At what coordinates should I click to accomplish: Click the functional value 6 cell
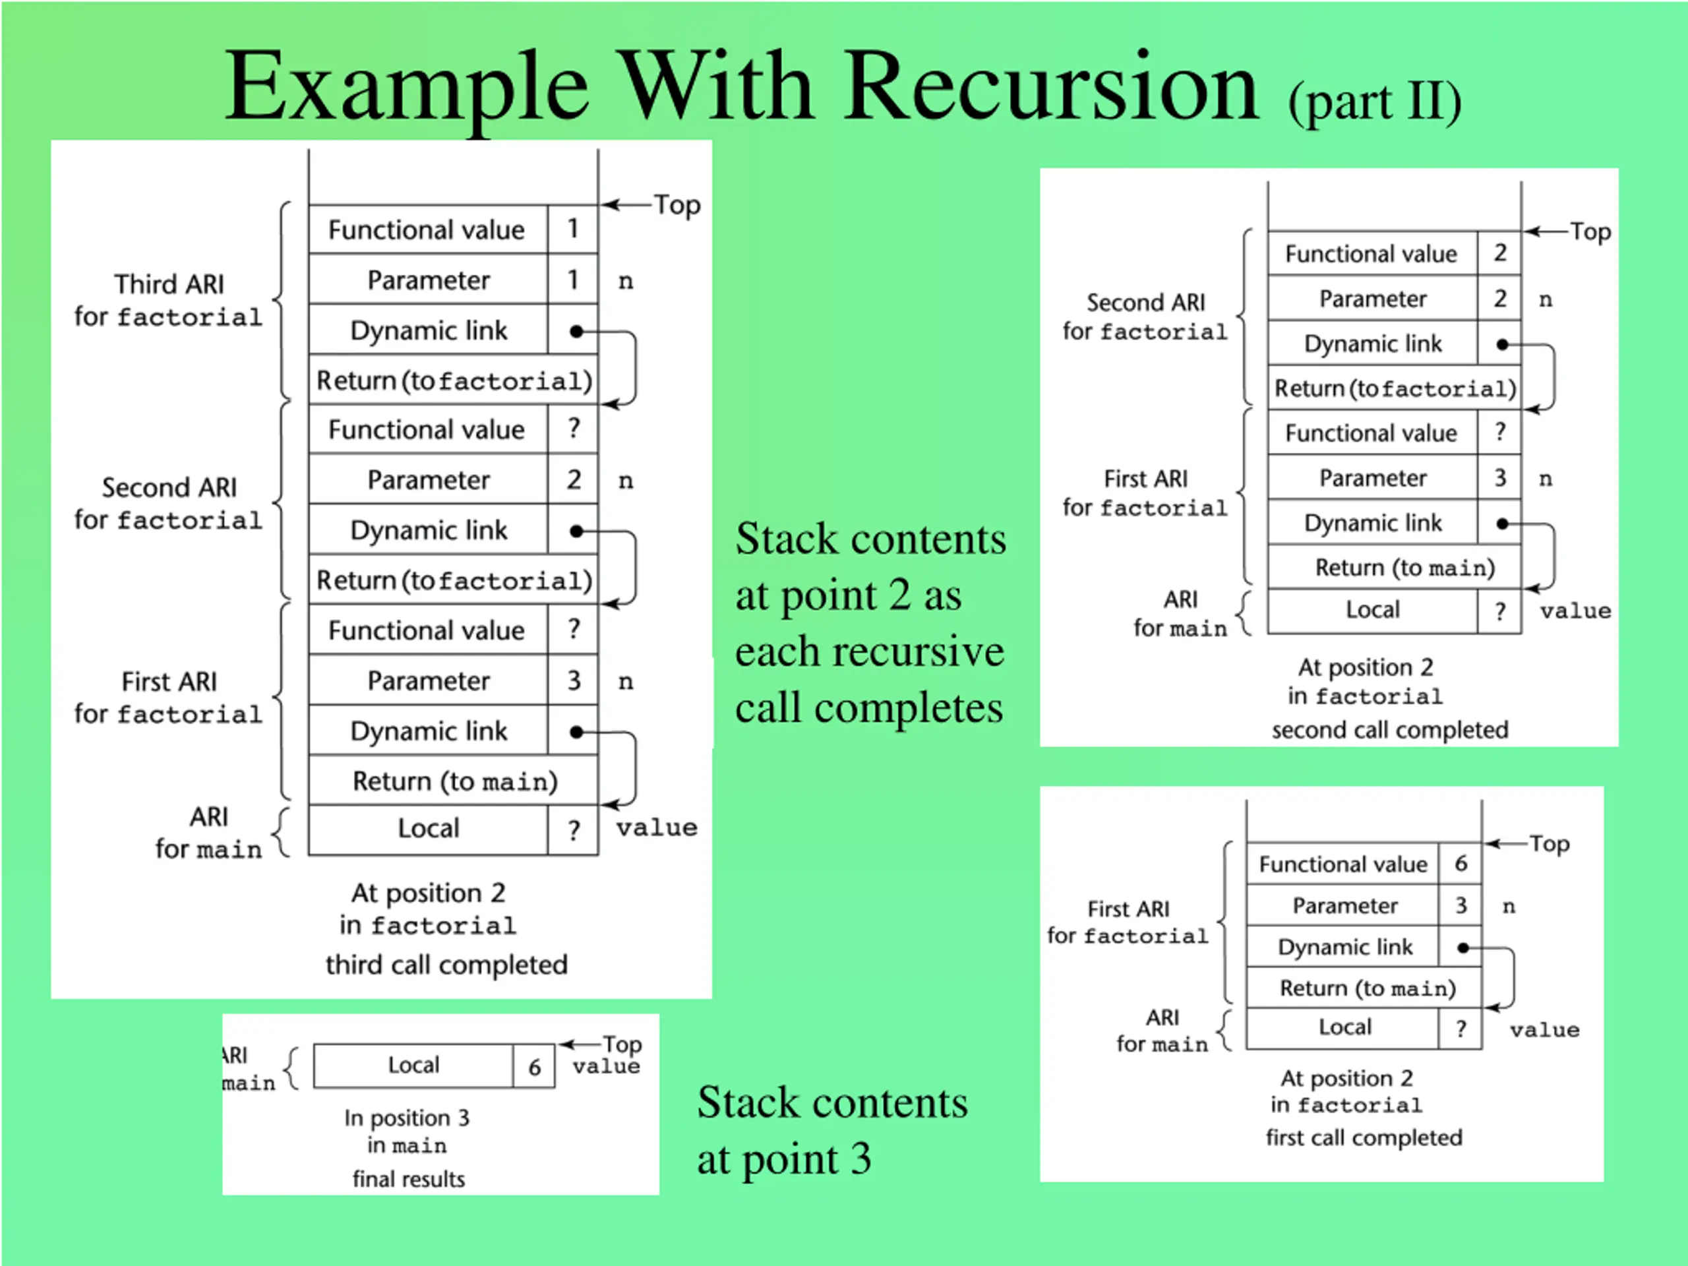point(1460,863)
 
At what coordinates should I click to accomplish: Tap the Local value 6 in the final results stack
point(534,1066)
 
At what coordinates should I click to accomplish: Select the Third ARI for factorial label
point(169,300)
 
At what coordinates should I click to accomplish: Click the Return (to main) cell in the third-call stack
point(454,781)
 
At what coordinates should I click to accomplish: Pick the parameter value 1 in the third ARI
point(572,280)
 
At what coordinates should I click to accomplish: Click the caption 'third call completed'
point(446,965)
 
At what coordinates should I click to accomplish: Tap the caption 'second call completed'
point(1389,729)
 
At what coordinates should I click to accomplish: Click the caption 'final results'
point(408,1179)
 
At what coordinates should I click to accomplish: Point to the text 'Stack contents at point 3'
point(831,1130)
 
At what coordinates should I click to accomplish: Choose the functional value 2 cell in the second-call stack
point(1499,253)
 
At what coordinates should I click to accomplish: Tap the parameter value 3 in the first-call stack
point(1460,905)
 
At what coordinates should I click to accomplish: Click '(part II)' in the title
point(1374,102)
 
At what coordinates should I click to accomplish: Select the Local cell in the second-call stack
point(1372,610)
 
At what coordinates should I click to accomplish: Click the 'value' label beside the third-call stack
point(656,828)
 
